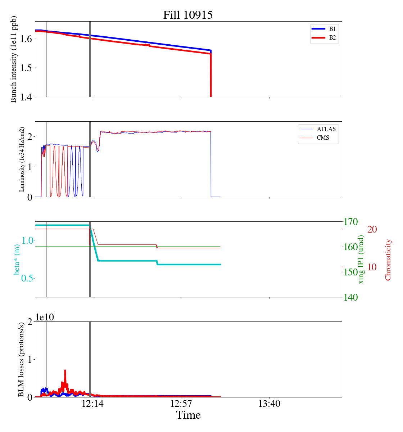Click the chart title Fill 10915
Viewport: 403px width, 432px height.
tap(188, 15)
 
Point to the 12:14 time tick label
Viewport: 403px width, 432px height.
tap(93, 404)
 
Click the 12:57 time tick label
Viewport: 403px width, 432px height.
tap(181, 404)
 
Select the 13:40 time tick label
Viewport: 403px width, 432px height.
tap(270, 404)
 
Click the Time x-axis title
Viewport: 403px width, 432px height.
tap(188, 415)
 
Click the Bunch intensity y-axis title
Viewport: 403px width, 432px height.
tap(14, 59)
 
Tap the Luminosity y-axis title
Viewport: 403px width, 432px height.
tap(22, 159)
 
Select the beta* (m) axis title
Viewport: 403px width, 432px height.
tap(17, 259)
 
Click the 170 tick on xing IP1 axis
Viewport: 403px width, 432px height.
tap(351, 222)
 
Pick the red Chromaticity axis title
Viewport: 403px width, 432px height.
tap(388, 260)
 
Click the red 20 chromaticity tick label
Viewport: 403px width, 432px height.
tap(372, 229)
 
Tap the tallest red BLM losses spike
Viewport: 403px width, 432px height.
tap(65, 371)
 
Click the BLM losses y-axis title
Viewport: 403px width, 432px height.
tap(22, 359)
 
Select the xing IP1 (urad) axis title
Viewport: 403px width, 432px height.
tap(361, 259)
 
